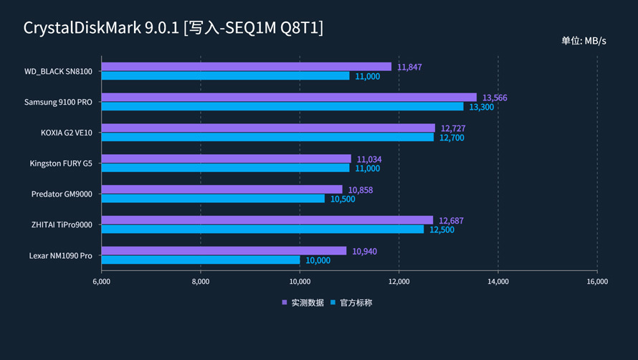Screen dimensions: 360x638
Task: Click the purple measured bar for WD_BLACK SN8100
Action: pos(246,67)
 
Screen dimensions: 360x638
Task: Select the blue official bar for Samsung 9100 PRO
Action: pos(282,107)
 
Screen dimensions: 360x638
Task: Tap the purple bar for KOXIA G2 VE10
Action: pos(267,128)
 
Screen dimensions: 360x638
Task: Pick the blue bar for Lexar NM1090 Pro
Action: pos(200,260)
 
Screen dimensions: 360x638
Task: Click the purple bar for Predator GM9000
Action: pos(222,189)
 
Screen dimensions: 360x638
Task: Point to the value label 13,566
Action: pos(495,98)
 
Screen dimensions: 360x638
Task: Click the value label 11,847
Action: pos(409,67)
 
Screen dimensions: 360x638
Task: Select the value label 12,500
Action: pos(442,229)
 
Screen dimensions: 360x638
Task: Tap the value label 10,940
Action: pos(364,251)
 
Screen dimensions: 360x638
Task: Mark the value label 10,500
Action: pos(343,199)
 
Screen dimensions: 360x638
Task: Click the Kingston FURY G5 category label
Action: pos(61,164)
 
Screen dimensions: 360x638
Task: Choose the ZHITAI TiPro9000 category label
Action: pos(62,224)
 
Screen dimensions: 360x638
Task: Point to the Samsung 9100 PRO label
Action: pos(58,102)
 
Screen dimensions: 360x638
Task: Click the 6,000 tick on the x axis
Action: pos(101,282)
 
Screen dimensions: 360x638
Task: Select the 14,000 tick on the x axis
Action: pos(498,282)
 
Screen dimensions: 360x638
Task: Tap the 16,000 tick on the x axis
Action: pos(597,282)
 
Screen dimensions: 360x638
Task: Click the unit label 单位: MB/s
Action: pos(584,41)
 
